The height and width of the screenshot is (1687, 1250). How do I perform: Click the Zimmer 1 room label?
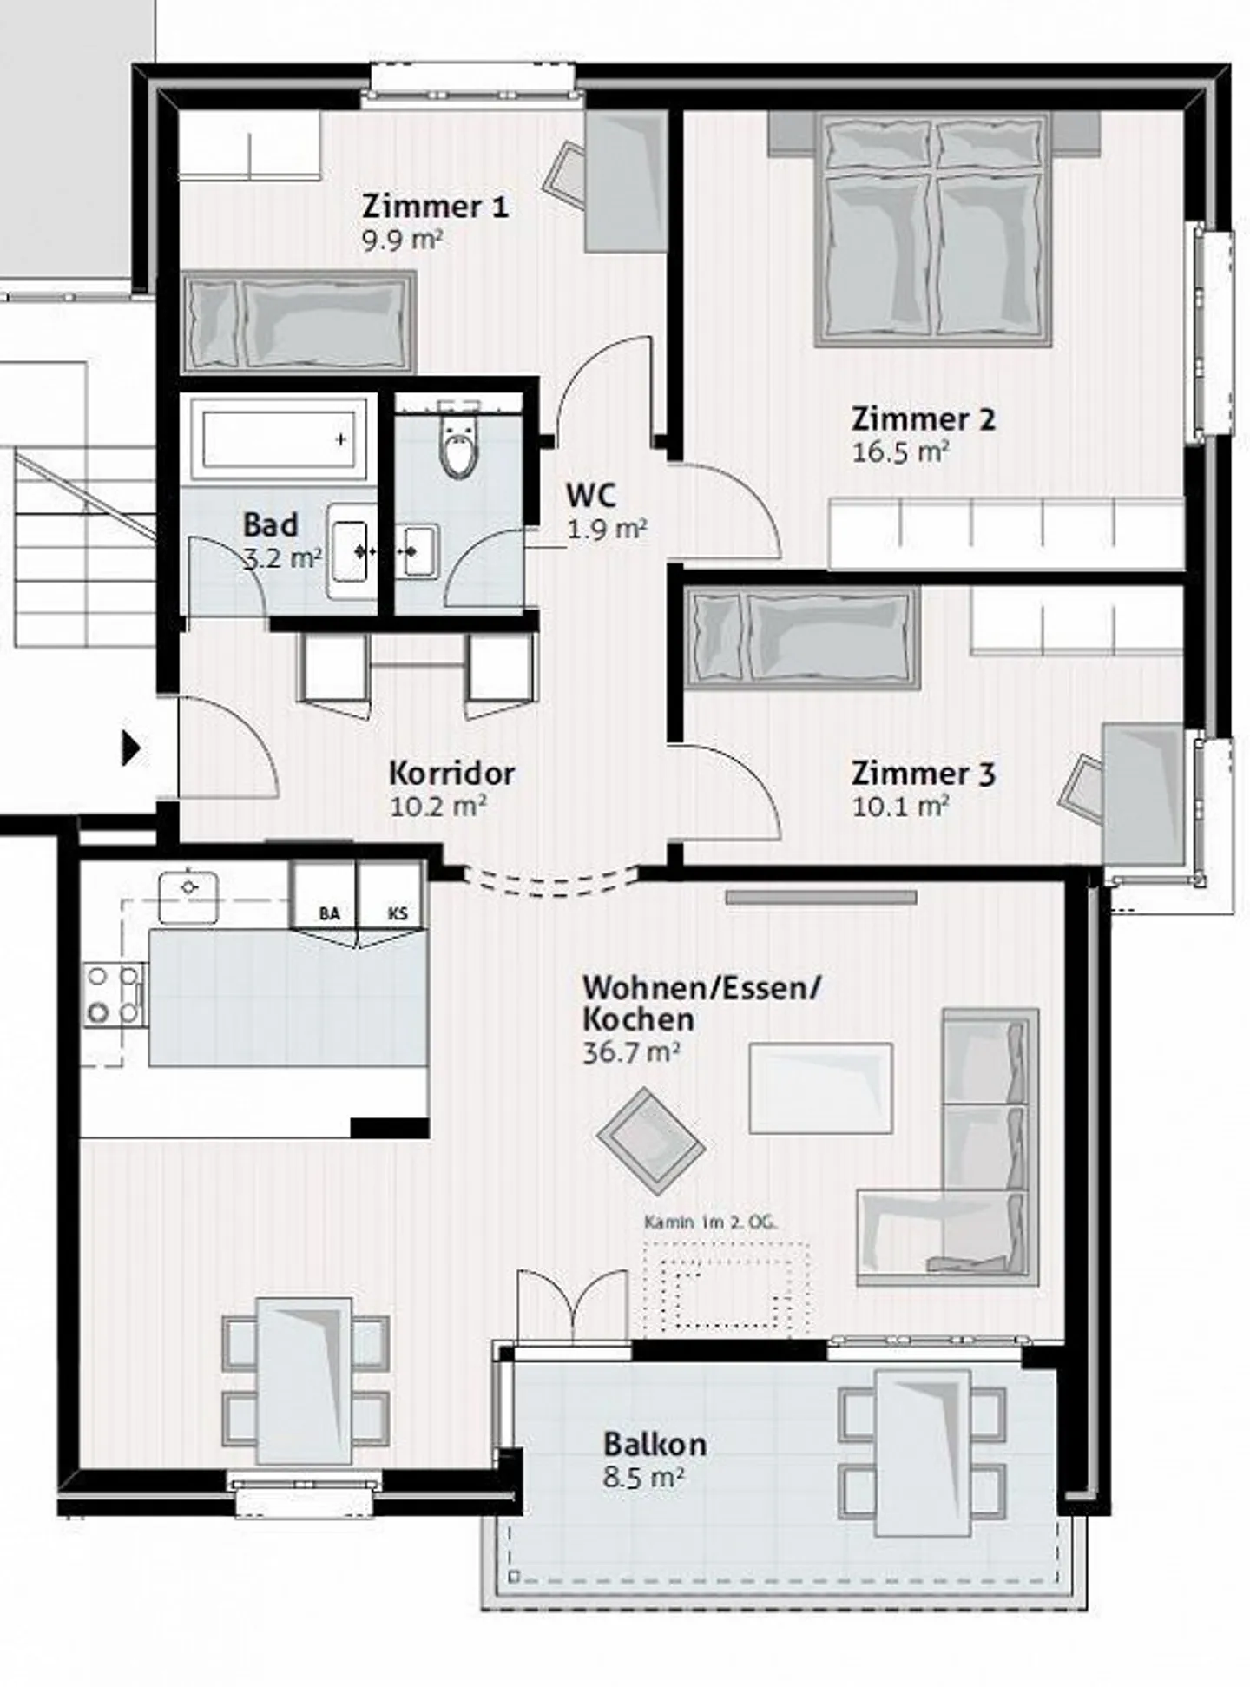(434, 207)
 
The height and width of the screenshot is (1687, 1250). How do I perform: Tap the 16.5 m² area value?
(899, 452)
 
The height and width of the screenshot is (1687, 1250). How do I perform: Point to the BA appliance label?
(329, 913)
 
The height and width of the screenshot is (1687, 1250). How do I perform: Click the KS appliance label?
(398, 913)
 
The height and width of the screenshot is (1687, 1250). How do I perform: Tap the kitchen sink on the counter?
(188, 896)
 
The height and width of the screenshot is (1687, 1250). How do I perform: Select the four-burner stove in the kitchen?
(114, 995)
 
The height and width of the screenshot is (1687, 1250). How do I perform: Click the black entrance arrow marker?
(130, 748)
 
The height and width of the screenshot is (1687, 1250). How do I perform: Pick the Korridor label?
(451, 773)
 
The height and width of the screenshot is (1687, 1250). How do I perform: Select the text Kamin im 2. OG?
(710, 1222)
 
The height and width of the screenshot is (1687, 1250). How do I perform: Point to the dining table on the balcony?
(922, 1452)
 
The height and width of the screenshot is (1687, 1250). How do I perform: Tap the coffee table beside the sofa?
(820, 1088)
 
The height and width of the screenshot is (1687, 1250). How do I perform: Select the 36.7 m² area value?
(630, 1053)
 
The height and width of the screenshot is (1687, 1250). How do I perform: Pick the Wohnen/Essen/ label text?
(701, 987)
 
